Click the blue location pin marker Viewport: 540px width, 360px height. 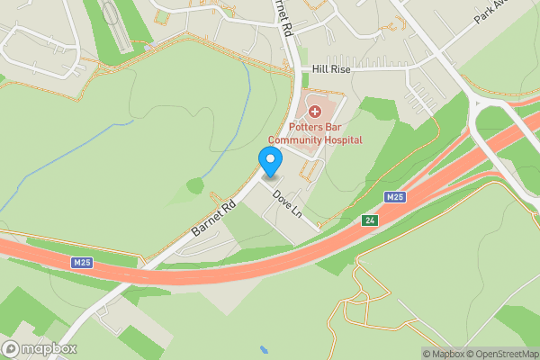pos(270,160)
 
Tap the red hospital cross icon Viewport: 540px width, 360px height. pos(315,112)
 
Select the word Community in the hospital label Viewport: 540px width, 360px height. pos(300,140)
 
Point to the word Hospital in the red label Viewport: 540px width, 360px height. pos(345,140)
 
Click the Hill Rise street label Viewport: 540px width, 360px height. pos(331,68)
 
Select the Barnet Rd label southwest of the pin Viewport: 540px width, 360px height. pos(211,218)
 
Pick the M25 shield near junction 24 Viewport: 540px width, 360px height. pos(394,196)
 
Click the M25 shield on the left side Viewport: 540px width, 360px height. pos(82,262)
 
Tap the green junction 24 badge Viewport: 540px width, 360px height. pos(369,220)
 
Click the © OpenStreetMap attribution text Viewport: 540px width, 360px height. pos(507,354)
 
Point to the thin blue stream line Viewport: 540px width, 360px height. pos(54,162)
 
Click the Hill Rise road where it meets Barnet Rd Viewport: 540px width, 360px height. pos(302,68)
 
